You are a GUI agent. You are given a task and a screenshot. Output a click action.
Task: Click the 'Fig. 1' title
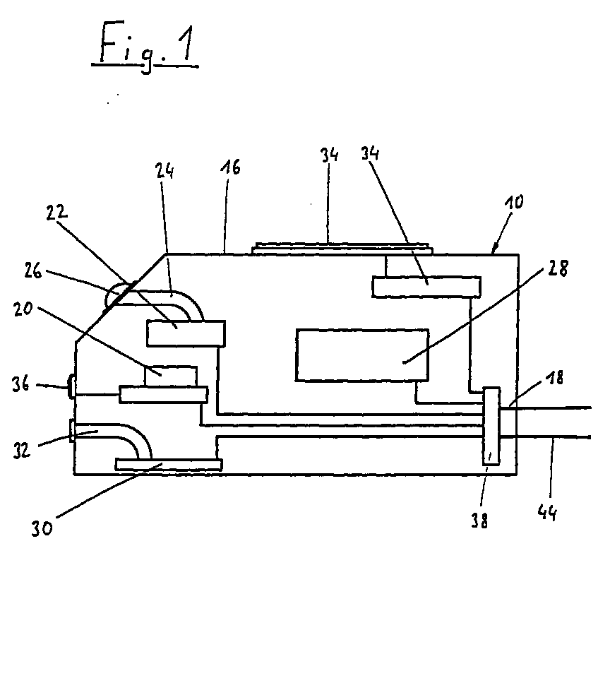(145, 47)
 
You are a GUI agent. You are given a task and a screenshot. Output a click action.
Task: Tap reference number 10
(514, 203)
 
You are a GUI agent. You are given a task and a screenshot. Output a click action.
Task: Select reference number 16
(231, 167)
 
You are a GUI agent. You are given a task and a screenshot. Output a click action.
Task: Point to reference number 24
(165, 171)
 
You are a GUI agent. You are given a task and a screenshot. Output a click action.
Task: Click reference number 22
(56, 212)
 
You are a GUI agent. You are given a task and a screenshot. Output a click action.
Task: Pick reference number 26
(32, 271)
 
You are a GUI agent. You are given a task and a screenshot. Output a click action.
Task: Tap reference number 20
(23, 309)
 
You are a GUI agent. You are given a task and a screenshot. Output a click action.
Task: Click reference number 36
(20, 385)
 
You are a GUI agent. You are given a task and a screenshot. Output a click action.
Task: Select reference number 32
(21, 450)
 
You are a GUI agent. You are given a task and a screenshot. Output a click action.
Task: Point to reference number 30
(42, 528)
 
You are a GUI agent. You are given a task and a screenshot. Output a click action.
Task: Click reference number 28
(558, 269)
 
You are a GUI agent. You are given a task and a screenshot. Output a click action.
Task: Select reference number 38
(479, 520)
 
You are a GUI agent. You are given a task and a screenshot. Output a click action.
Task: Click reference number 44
(547, 512)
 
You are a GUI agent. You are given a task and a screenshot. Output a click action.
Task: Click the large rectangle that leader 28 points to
(362, 355)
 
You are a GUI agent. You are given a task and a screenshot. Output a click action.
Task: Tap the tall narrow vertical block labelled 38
(491, 426)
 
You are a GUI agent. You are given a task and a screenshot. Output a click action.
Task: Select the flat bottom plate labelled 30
(169, 465)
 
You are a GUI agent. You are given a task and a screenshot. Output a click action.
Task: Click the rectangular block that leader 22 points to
(186, 333)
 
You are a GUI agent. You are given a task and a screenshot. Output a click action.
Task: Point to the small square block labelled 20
(171, 376)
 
